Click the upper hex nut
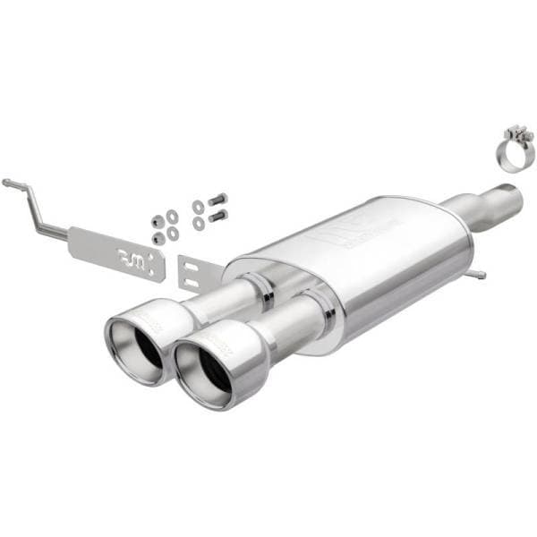(158, 220)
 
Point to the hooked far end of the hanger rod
(9, 183)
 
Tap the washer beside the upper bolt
(198, 206)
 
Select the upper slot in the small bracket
(195, 265)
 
